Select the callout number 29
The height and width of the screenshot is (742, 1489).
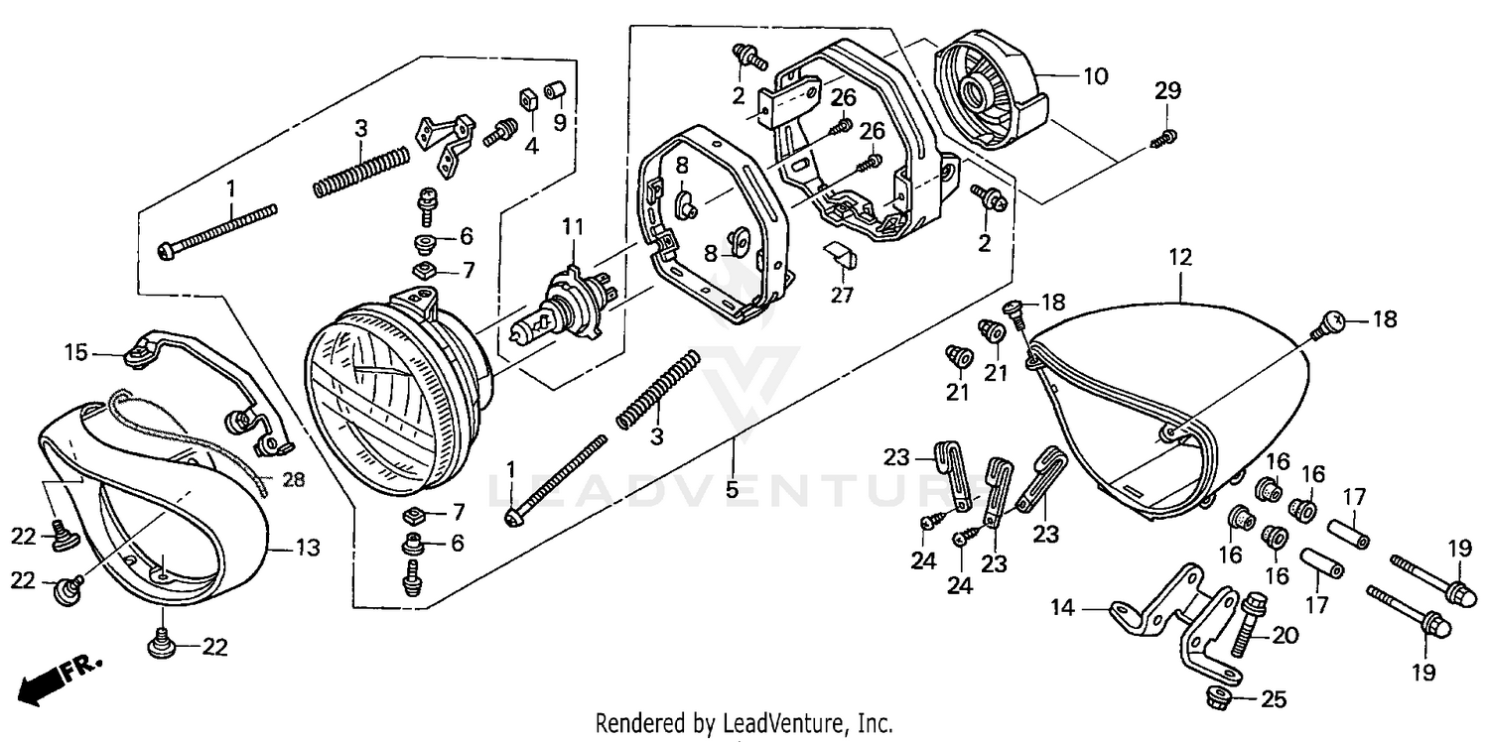pos(1167,92)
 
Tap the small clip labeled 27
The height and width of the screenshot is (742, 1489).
pos(842,260)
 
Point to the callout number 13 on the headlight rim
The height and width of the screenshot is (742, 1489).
pos(309,547)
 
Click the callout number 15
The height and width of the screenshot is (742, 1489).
pos(77,352)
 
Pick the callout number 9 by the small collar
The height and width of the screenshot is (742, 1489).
pos(559,123)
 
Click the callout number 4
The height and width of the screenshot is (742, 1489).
pos(531,147)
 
